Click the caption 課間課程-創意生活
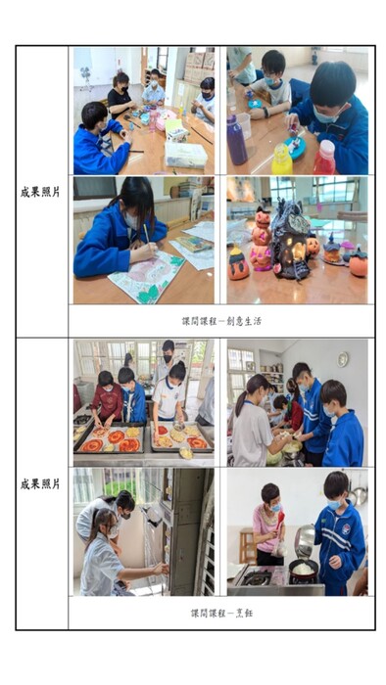pyautogui.click(x=221, y=321)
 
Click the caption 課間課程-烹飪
pyautogui.click(x=221, y=613)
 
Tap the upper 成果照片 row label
pyautogui.click(x=40, y=192)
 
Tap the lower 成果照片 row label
pyautogui.click(x=40, y=484)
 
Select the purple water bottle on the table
pyautogui.click(x=237, y=140)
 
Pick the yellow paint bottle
pyautogui.click(x=282, y=160)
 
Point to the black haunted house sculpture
pyautogui.click(x=291, y=240)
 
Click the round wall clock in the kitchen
pyautogui.click(x=343, y=359)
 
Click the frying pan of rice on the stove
pyautogui.click(x=304, y=569)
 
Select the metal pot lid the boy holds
pyautogui.click(x=304, y=541)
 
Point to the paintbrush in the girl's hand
pyautogui.click(x=147, y=235)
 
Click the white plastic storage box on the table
pyautogui.click(x=186, y=154)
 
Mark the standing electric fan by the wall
pyautogui.click(x=86, y=78)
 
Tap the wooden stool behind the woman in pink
pyautogui.click(x=248, y=546)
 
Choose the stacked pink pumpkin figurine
pyautogui.click(x=261, y=245)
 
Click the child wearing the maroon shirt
pyautogui.click(x=108, y=398)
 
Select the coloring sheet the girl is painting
pyautogui.click(x=145, y=277)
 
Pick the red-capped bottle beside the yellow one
pyautogui.click(x=324, y=158)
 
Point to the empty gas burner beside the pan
pyautogui.click(x=258, y=577)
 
